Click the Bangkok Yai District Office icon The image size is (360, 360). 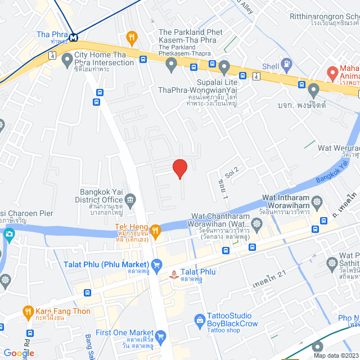click(x=130, y=200)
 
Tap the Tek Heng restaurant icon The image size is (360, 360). click(x=156, y=229)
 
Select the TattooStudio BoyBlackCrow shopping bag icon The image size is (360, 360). click(x=199, y=321)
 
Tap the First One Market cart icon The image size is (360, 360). click(x=161, y=337)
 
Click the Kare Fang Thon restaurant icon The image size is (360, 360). click(x=28, y=310)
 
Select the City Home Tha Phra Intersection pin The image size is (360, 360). click(x=67, y=57)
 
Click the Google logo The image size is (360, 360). click(x=19, y=353)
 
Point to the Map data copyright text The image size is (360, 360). click(x=335, y=355)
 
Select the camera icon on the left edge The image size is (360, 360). click(x=8, y=234)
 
